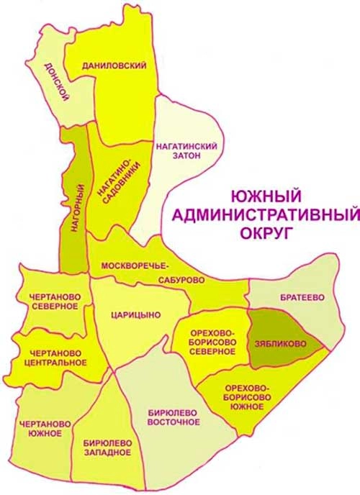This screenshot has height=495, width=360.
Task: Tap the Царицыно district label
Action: [135, 314]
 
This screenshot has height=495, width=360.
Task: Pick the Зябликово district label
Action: [279, 344]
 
